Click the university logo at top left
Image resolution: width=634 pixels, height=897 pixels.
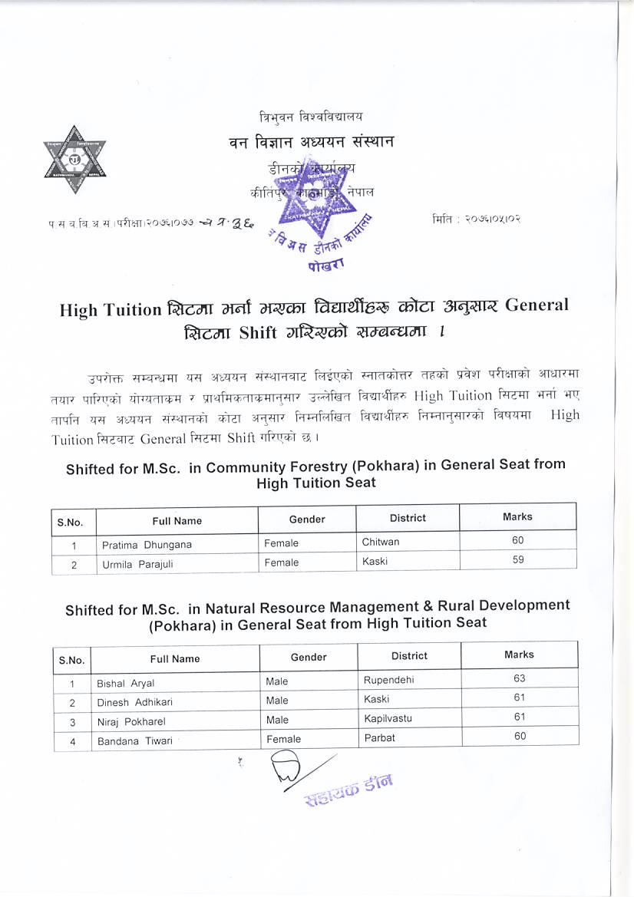(x=74, y=159)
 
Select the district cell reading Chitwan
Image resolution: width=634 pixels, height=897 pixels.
(x=381, y=542)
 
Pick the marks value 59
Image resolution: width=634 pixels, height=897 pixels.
(x=518, y=560)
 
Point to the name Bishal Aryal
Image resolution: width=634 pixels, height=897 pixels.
(x=125, y=684)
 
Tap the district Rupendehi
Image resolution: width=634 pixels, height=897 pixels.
(x=389, y=679)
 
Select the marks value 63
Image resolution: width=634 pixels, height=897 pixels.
(x=520, y=678)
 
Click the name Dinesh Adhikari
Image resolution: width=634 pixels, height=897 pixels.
(x=134, y=702)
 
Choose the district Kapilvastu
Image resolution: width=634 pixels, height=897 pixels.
(x=388, y=719)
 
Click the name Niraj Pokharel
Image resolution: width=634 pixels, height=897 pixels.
(x=131, y=721)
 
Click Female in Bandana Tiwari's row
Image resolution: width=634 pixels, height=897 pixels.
(x=283, y=739)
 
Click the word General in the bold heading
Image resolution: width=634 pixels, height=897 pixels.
(x=531, y=305)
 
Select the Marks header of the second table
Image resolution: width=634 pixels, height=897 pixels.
(x=519, y=655)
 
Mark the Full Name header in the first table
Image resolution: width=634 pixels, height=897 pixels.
(x=177, y=521)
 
